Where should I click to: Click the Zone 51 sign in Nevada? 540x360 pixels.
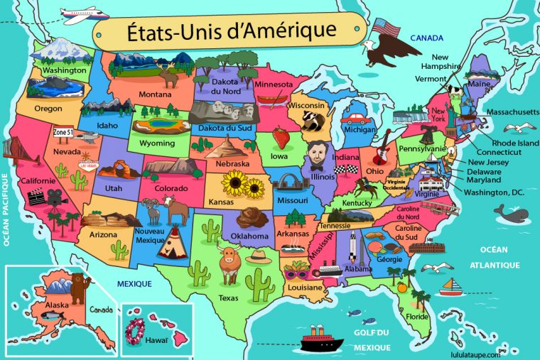pyautogui.click(x=63, y=132)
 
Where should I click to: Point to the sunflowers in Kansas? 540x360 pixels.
pyautogui.click(x=243, y=186)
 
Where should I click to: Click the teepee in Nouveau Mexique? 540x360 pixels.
pyautogui.click(x=171, y=246)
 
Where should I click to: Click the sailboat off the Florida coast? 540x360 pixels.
pyautogui.click(x=450, y=287)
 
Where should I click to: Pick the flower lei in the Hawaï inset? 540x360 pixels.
pyautogui.click(x=135, y=328)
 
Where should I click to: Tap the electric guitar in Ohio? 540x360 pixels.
pyautogui.click(x=380, y=150)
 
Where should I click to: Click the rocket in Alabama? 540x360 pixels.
pyautogui.click(x=352, y=249)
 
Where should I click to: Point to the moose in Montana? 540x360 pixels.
pyautogui.click(x=168, y=74)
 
